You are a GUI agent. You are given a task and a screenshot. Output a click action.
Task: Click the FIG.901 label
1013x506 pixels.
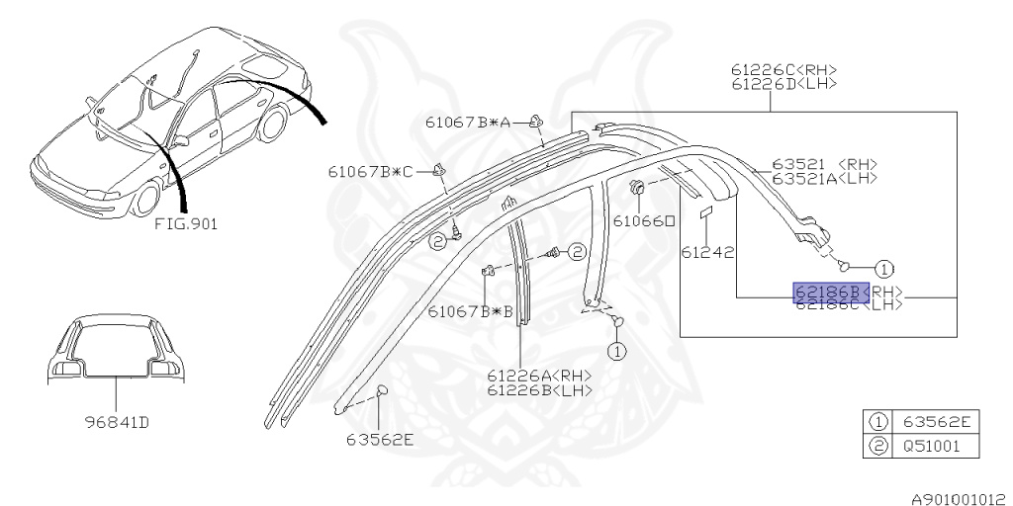point(186,223)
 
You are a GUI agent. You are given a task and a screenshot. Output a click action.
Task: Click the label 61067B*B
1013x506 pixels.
point(471,311)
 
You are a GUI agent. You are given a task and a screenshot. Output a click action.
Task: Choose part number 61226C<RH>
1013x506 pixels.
point(784,69)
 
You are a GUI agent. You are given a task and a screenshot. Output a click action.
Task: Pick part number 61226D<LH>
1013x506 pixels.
point(784,84)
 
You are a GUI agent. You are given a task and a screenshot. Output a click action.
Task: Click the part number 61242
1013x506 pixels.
point(707,252)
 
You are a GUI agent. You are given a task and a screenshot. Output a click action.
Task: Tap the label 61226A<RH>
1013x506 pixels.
point(539,376)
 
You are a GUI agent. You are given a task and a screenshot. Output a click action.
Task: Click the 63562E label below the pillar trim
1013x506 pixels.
point(380,439)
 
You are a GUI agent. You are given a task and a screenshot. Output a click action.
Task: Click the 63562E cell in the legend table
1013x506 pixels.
point(936,423)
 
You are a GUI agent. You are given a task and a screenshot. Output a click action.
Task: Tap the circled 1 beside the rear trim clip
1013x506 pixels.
point(883,267)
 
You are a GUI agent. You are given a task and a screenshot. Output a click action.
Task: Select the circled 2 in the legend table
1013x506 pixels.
point(876,446)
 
